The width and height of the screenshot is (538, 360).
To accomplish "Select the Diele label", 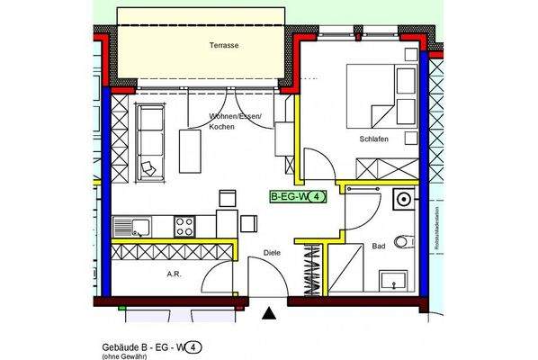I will point(273,254).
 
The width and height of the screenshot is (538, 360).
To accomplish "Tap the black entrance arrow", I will point(268,313).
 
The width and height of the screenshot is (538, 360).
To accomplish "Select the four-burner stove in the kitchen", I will point(185,224).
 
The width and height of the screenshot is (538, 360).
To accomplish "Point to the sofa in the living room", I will point(149,139).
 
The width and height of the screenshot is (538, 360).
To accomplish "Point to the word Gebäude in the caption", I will point(117,344).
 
